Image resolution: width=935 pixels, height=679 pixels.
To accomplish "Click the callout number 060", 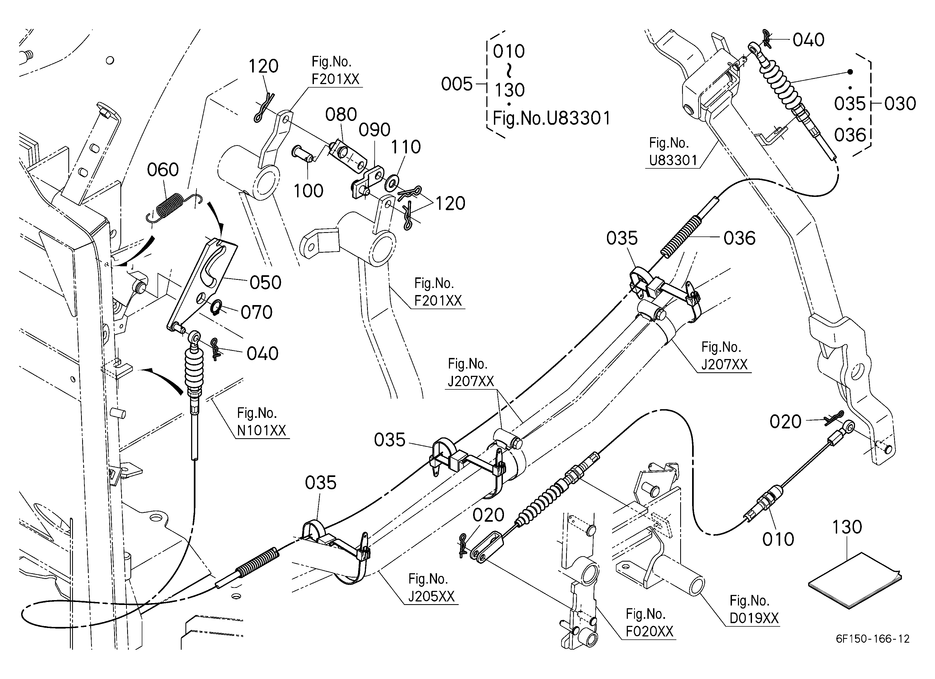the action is (x=163, y=170).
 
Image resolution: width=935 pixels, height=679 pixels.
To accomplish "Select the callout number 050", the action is (x=265, y=283).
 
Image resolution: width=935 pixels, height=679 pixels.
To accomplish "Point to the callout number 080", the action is (x=341, y=115).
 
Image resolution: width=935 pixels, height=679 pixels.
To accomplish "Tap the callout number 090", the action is (x=374, y=130).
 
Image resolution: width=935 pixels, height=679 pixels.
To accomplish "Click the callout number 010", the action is (x=778, y=539).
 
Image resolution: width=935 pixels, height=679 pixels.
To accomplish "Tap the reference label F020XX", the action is (x=649, y=631).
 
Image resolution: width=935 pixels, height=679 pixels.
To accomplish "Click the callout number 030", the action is (x=900, y=104).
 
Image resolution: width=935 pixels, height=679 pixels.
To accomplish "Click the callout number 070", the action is (x=256, y=312).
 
